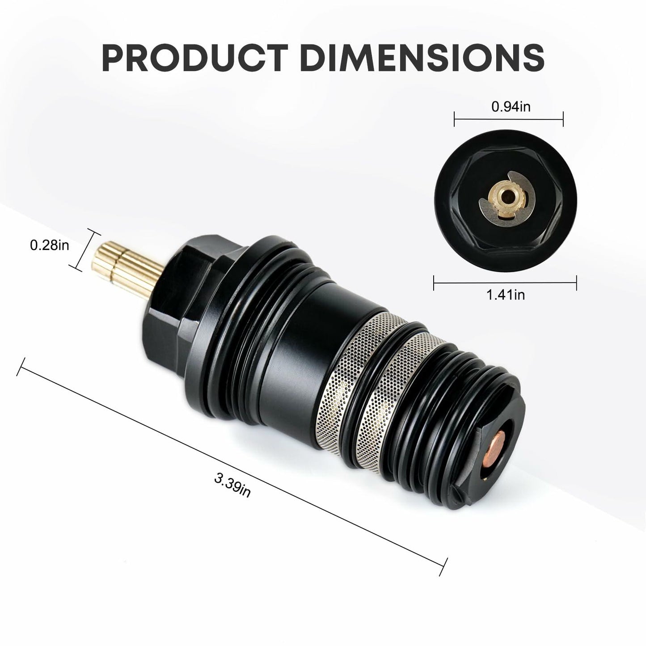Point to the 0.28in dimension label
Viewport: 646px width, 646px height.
pyautogui.click(x=50, y=245)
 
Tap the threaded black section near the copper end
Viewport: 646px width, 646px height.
pyautogui.click(x=452, y=402)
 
